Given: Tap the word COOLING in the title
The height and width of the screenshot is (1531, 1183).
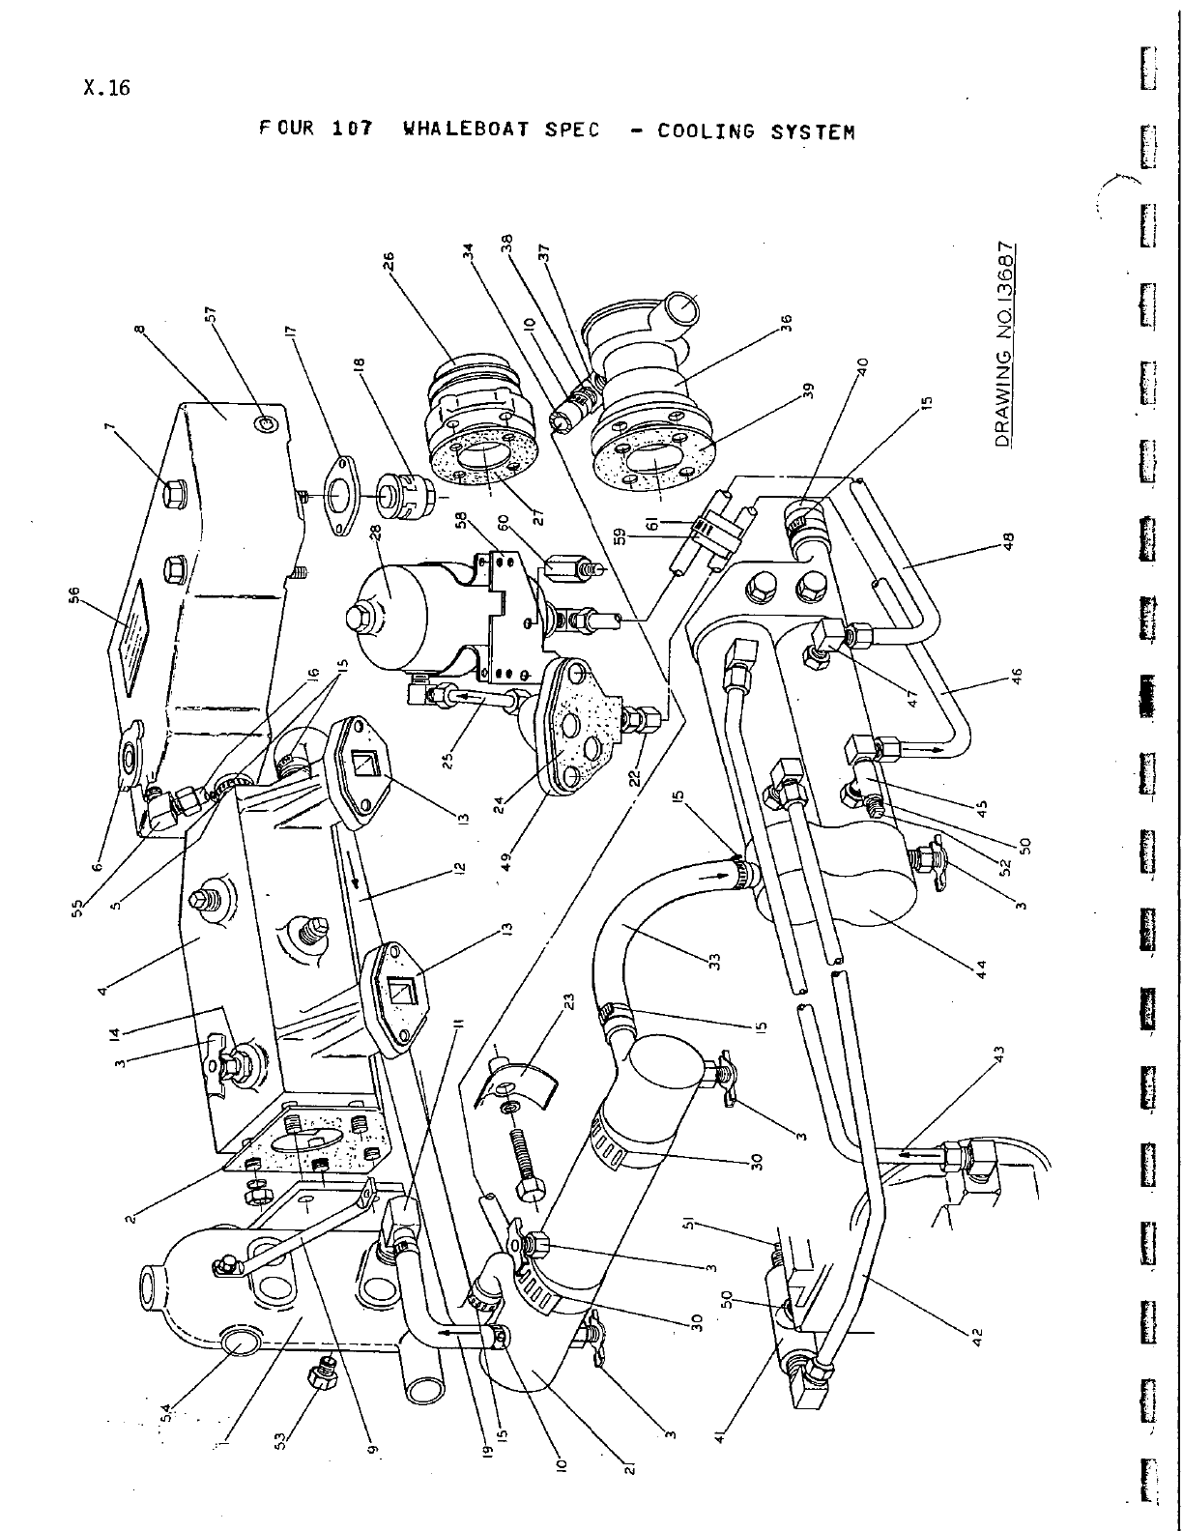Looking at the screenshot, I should (x=707, y=131).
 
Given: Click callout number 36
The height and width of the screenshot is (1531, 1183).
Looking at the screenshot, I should (x=785, y=323).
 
